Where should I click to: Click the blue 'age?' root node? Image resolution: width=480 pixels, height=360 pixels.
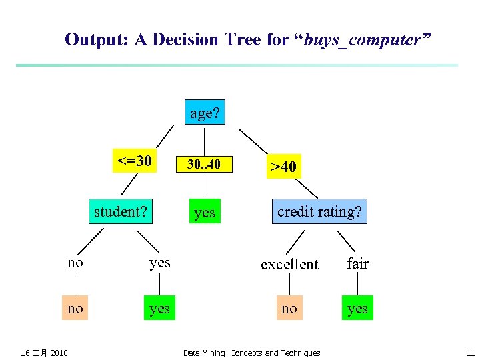coord(205,113)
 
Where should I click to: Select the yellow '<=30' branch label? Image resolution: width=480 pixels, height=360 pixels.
coord(135,161)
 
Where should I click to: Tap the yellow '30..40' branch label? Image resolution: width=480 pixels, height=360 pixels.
coord(203,164)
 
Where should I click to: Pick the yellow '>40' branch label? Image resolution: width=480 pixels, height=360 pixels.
coord(284,166)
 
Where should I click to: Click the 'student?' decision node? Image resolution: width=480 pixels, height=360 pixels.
coord(121,211)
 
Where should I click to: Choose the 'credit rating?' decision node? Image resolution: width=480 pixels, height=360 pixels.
coord(319,211)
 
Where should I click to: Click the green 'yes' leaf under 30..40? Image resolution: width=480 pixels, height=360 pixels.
coord(204,212)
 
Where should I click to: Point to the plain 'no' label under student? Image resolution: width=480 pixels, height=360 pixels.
coord(75,263)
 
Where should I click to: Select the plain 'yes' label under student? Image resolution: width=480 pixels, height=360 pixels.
coord(159,263)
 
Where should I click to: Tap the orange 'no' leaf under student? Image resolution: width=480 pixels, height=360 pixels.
coord(75,308)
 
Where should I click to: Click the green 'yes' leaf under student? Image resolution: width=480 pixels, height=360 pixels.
coord(159,308)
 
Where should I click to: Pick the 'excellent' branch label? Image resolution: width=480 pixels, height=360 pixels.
coord(289,264)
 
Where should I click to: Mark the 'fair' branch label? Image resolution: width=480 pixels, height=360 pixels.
coord(357,263)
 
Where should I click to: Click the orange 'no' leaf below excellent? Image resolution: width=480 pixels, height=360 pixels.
coord(289,308)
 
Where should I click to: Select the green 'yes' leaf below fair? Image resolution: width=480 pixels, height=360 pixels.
coord(357,308)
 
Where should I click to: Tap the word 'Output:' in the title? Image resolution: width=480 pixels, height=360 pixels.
coord(97,40)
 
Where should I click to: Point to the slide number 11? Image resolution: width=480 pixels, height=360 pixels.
coord(470,353)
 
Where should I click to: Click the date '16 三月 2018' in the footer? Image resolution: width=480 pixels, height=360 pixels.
coord(44,353)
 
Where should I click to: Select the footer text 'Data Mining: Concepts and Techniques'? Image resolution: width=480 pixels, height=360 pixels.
coord(251,353)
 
